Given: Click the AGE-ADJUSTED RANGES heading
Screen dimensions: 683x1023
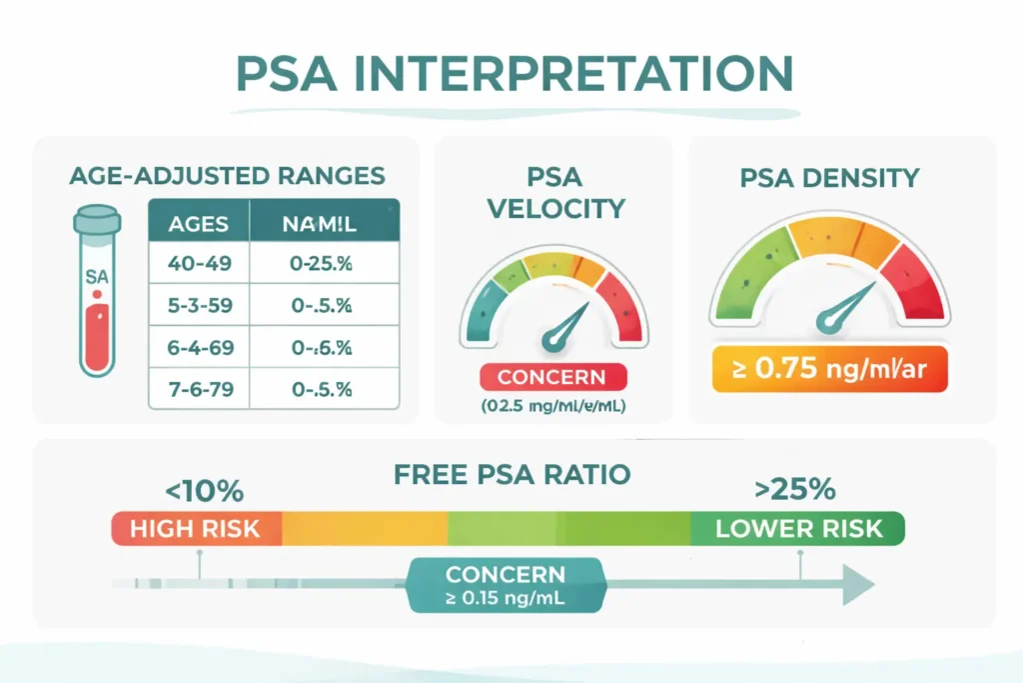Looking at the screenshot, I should [x=227, y=176].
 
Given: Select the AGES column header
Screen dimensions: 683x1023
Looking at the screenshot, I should [x=199, y=223].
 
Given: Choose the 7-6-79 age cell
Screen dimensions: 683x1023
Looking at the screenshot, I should [x=199, y=388].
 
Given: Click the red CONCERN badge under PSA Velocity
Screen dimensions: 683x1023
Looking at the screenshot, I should [x=552, y=377].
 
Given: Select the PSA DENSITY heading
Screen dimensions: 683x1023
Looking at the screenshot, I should [x=829, y=179].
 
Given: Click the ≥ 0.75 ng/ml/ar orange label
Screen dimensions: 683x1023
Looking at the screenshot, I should [x=828, y=368].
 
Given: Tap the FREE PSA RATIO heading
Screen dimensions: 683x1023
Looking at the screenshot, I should [x=511, y=475].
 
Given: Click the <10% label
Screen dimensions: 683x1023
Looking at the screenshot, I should [x=203, y=492].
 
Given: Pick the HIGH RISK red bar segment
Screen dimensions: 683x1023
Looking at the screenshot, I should [x=196, y=527].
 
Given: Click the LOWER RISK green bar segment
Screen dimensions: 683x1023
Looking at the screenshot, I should [x=798, y=528].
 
